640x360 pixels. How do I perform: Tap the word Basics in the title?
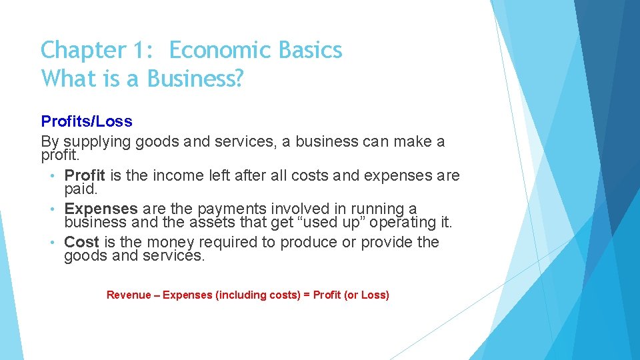(x=309, y=51)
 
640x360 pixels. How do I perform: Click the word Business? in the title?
(x=195, y=79)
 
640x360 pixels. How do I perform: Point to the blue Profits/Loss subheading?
(x=87, y=121)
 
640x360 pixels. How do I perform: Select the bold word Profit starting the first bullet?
(x=85, y=175)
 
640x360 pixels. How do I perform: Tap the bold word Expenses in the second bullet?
(x=101, y=209)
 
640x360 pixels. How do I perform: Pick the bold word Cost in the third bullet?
(x=81, y=242)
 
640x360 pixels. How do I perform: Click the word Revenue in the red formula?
(x=129, y=295)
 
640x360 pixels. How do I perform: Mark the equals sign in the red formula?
(x=307, y=295)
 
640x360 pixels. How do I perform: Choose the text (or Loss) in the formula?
(x=366, y=295)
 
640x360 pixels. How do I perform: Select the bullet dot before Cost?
(x=53, y=242)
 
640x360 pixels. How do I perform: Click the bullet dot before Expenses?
(x=53, y=209)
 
